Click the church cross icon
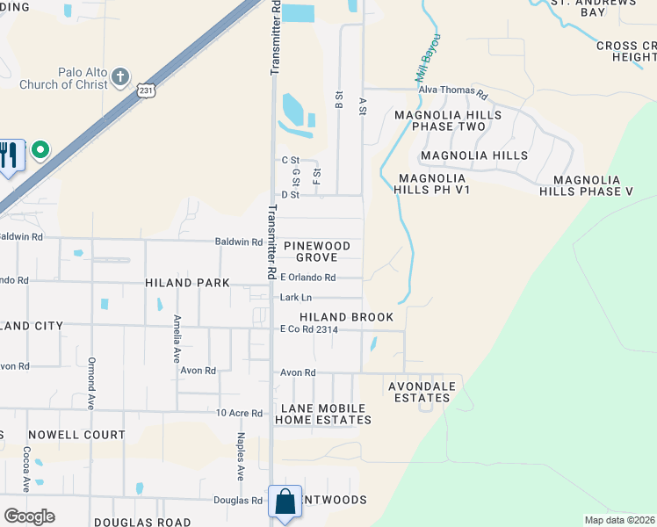coord(121,78)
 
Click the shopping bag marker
coord(285,502)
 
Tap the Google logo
coord(29,516)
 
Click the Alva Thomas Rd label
coord(452,90)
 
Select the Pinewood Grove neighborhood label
coord(316,251)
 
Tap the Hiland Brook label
coord(346,316)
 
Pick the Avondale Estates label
coord(422,392)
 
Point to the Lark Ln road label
coord(296,298)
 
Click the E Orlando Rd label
coord(307,278)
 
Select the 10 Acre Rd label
coord(239,413)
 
